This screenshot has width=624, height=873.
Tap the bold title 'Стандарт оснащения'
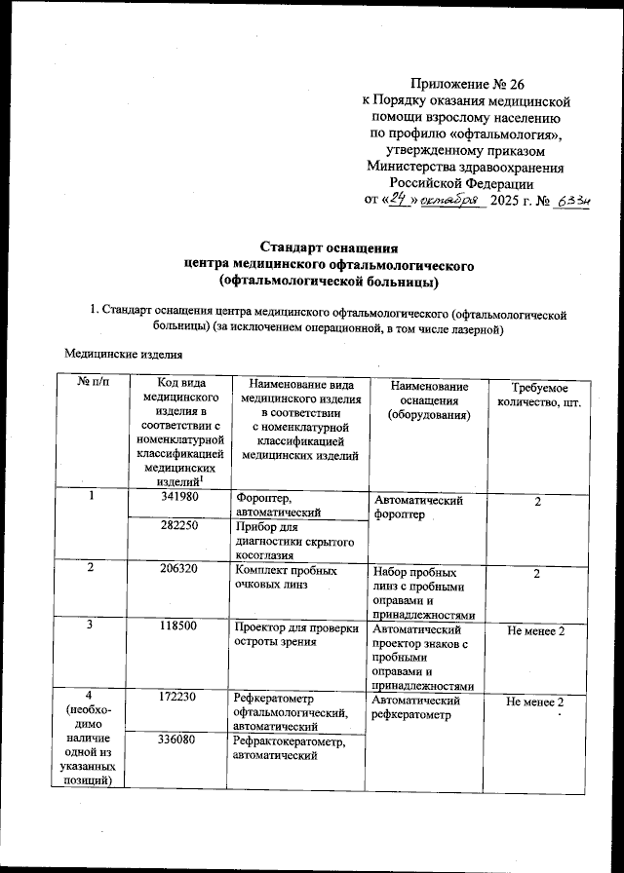click(329, 247)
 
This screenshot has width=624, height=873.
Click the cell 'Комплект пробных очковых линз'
click(287, 578)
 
